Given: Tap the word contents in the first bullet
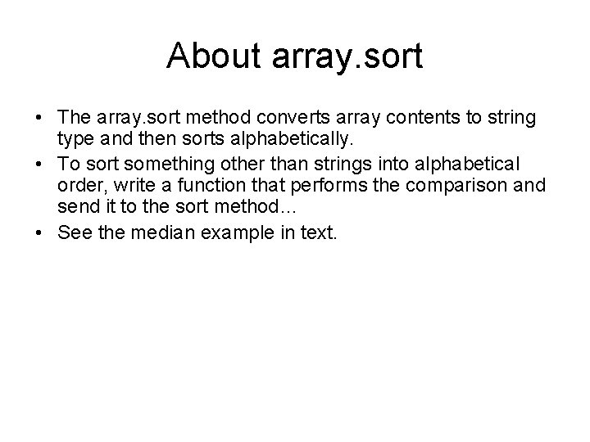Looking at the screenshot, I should coord(423,119).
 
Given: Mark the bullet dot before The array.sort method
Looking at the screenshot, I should coord(39,120).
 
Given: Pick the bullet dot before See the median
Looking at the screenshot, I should coord(39,233).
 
